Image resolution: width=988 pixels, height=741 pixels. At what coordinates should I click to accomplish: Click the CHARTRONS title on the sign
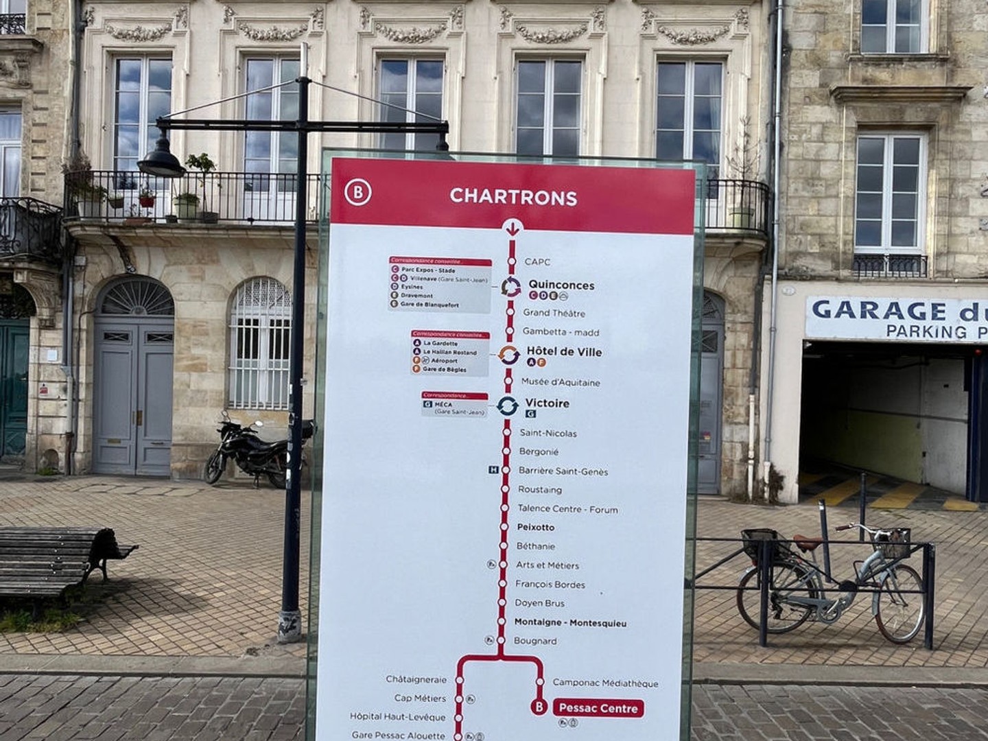click(513, 197)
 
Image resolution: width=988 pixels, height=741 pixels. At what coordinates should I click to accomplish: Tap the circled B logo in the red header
click(357, 193)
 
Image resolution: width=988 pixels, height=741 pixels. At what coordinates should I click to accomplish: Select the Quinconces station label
click(561, 285)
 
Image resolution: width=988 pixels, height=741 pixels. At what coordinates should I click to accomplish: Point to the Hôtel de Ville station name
click(564, 352)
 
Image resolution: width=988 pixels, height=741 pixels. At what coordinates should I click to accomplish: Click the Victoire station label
click(547, 403)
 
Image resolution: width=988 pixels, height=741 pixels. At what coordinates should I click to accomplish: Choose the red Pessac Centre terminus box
click(598, 708)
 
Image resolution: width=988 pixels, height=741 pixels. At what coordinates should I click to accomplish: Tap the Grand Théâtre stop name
click(554, 313)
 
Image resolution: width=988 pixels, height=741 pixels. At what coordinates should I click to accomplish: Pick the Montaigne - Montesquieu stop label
click(570, 623)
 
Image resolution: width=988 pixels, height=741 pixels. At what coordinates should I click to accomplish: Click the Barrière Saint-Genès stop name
click(563, 471)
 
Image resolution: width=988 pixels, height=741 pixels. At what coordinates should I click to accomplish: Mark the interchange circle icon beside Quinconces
click(510, 287)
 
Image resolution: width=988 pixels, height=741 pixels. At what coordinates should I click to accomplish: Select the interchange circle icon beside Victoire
click(508, 406)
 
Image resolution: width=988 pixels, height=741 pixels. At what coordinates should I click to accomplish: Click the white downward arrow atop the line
click(512, 228)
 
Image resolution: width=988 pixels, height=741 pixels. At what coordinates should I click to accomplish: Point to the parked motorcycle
click(254, 449)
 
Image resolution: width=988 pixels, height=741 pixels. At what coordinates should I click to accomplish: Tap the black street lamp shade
click(161, 163)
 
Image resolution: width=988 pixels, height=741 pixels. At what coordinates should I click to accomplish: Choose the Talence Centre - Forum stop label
click(567, 509)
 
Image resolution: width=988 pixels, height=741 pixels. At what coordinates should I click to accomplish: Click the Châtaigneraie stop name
click(416, 679)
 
